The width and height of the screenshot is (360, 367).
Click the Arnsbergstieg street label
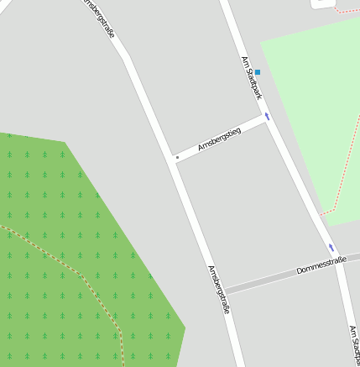coord(219,139)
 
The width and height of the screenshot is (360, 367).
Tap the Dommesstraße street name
coord(321,268)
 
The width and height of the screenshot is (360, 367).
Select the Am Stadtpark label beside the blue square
coord(251,77)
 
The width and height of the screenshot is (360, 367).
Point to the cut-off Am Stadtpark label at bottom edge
coord(353,345)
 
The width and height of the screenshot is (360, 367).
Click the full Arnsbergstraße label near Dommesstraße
coord(218,290)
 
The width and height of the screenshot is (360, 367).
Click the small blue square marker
coord(258,72)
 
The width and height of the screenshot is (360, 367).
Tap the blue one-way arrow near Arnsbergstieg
coord(268,116)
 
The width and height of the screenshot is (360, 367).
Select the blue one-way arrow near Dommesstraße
coord(331,248)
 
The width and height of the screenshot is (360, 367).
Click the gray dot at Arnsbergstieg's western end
coord(176,157)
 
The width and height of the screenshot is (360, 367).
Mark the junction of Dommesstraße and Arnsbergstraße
coord(225,288)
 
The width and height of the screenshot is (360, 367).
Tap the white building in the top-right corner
coord(322,3)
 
